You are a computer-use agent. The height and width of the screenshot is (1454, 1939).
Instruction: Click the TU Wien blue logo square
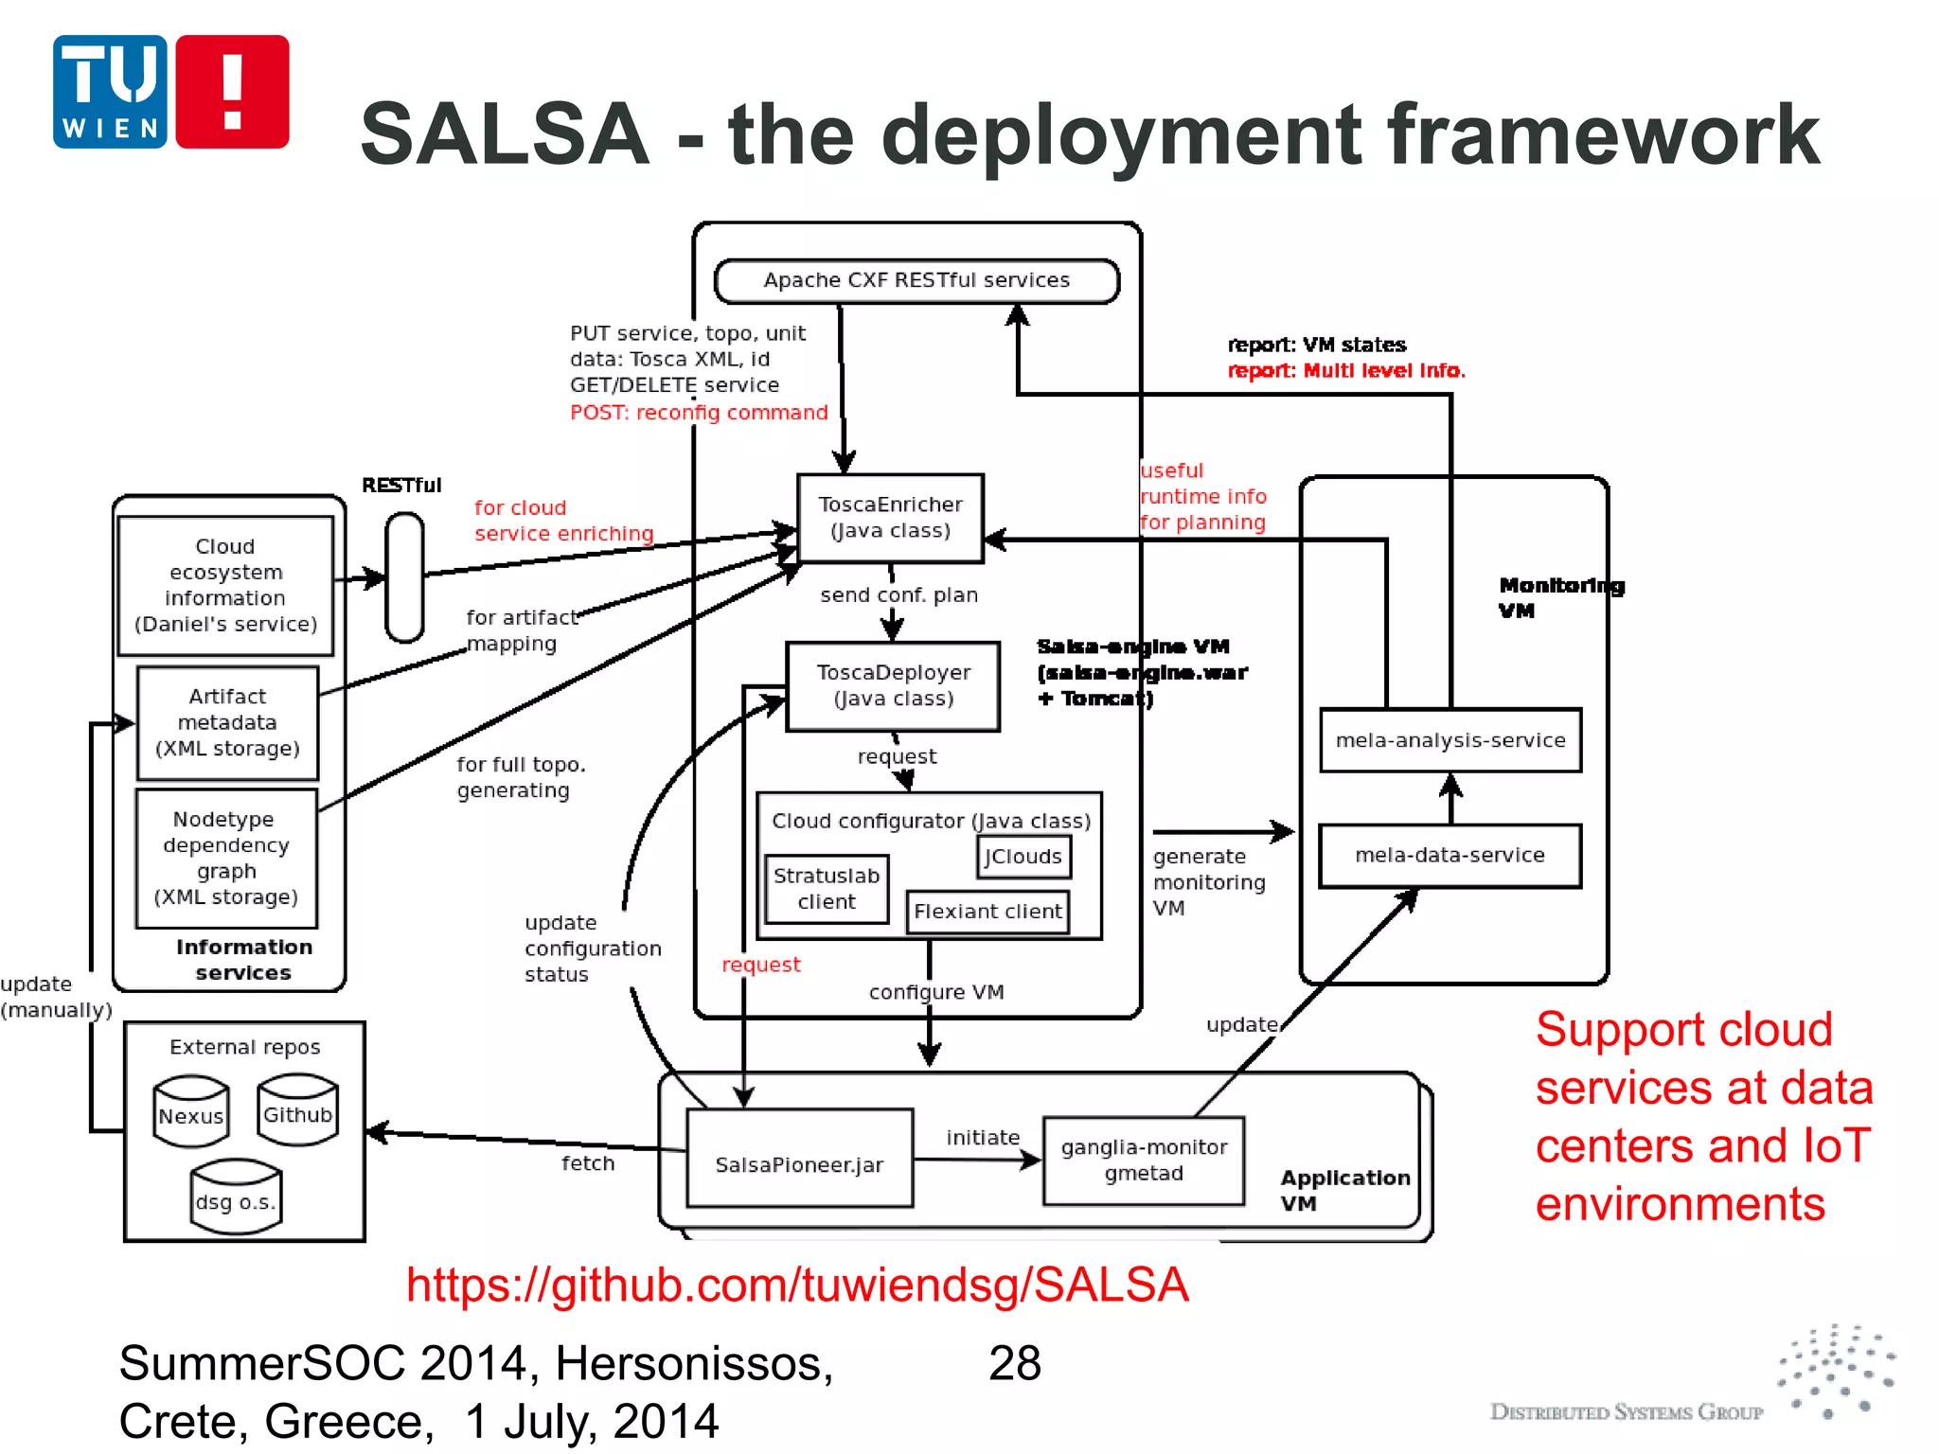pos(110,92)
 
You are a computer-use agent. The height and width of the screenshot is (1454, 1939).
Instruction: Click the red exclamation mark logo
pos(232,92)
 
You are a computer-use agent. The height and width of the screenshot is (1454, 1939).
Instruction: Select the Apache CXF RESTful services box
pos(916,281)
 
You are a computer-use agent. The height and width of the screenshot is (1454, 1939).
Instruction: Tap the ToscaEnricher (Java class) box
pos(890,518)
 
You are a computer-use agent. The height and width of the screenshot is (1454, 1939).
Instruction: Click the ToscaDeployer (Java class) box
pos(893,686)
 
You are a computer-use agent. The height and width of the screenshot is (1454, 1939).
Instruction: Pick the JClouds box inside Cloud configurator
pos(1023,857)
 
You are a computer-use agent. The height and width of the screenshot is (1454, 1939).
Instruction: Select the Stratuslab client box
pos(826,889)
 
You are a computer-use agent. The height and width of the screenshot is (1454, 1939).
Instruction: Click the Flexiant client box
pos(987,912)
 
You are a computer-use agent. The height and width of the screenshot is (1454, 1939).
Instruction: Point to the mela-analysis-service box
pos(1450,740)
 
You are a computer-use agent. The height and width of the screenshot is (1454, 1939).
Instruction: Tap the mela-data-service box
pos(1450,856)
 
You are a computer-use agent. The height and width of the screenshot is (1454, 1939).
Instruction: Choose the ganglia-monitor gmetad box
pos(1144,1161)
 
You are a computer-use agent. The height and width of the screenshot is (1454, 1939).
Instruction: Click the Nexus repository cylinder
pos(191,1113)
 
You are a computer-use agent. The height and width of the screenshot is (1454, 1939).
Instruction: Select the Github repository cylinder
pos(297,1111)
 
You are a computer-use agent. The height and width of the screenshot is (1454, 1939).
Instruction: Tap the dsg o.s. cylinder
pos(236,1198)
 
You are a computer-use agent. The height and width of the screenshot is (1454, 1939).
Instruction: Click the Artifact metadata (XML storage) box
pos(227,723)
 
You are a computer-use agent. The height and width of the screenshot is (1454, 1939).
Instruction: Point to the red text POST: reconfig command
pos(699,413)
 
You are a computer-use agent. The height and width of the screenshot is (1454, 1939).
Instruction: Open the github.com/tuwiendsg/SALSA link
pos(797,1286)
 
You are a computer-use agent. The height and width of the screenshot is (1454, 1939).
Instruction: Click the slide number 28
pos(1014,1364)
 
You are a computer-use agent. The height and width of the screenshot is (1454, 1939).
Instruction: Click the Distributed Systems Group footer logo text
pos(1626,1411)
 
